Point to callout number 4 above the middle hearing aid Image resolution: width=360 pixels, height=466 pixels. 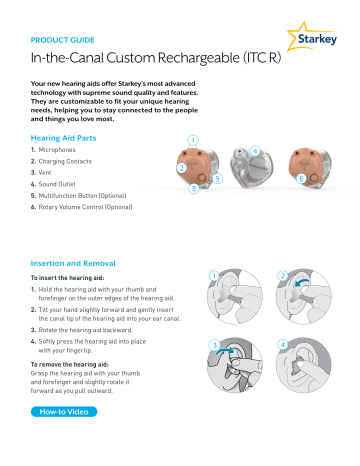[x=256, y=151]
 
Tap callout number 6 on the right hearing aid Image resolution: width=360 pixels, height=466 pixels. [x=301, y=178]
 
